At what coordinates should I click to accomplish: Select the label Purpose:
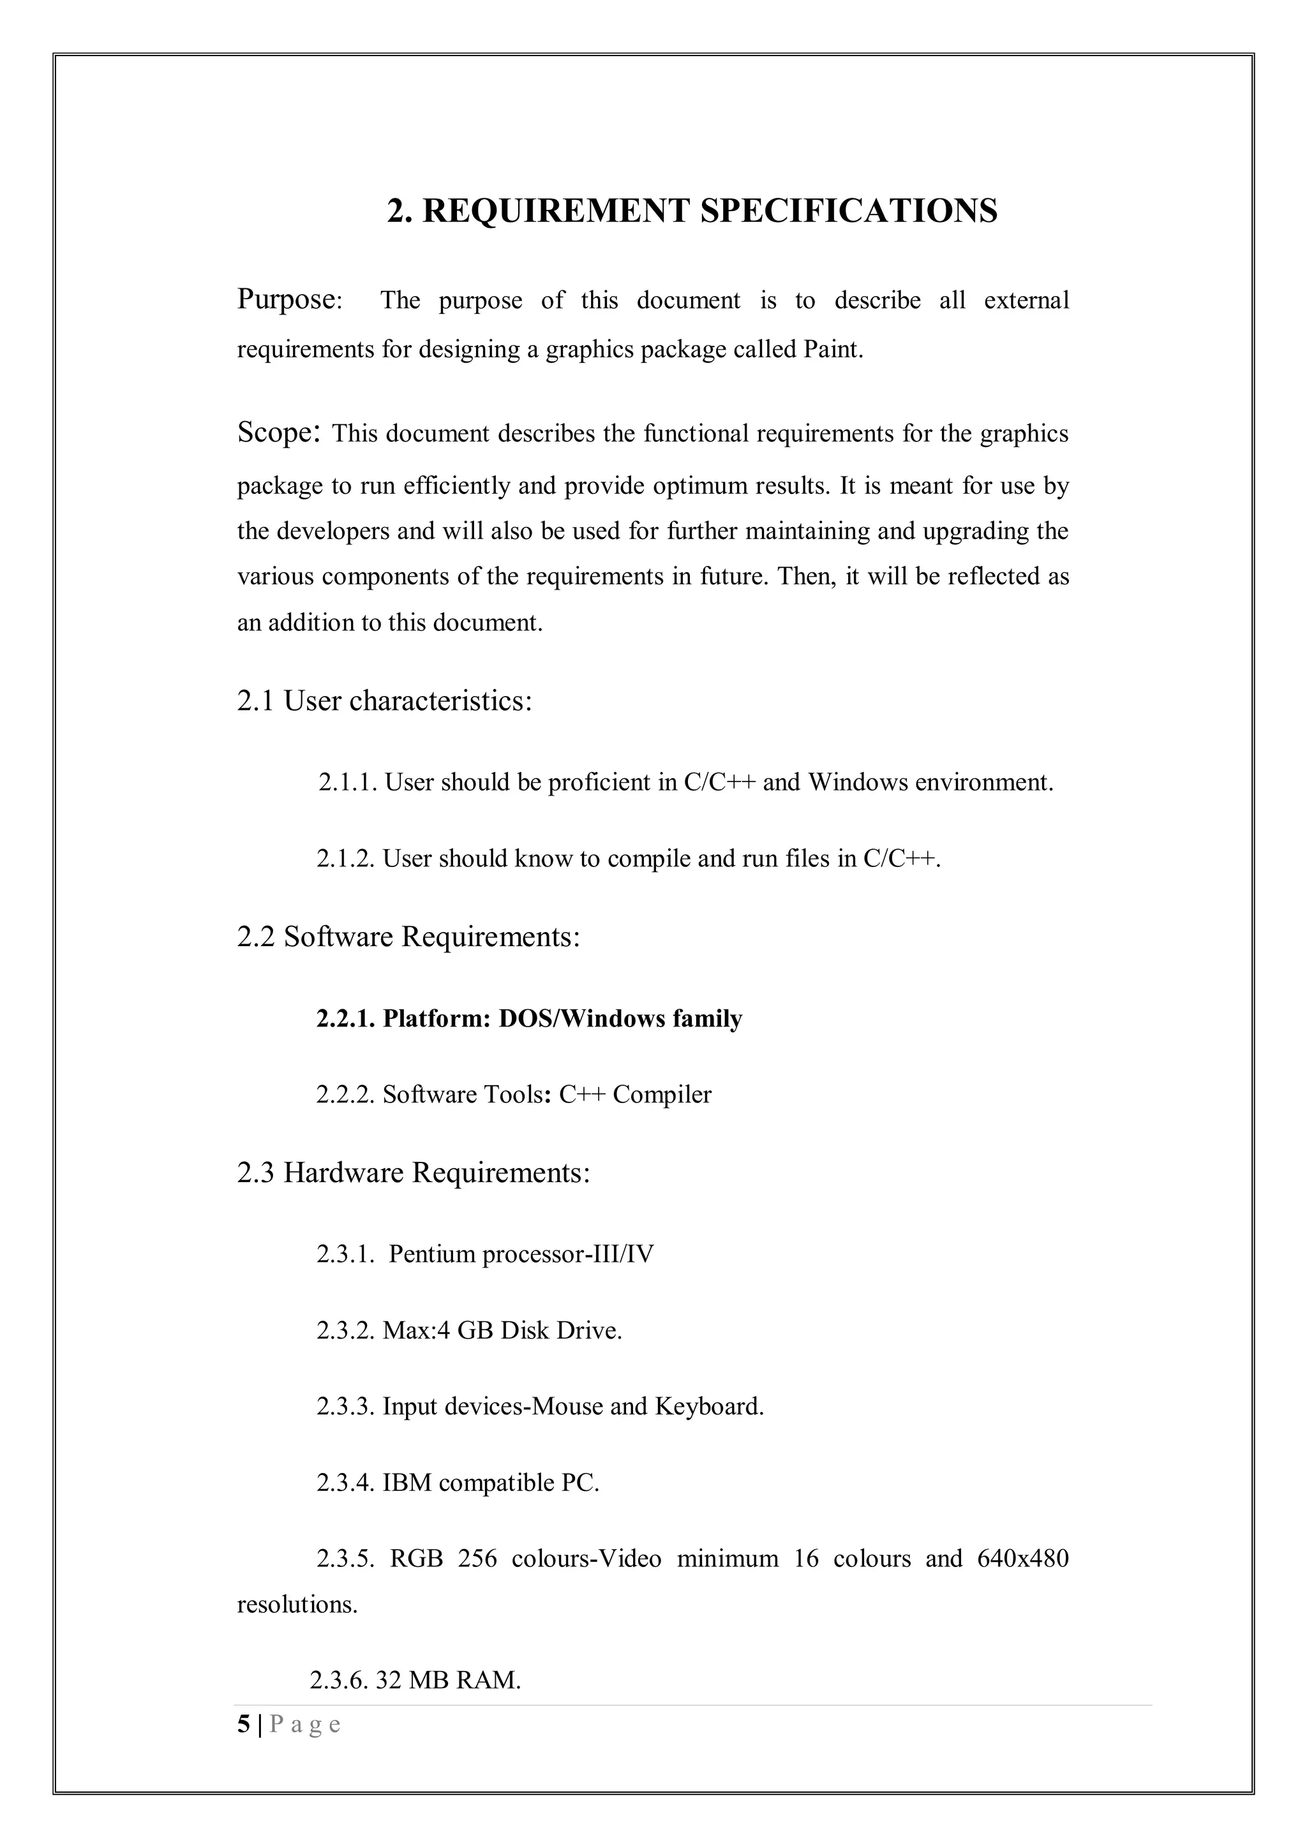290,299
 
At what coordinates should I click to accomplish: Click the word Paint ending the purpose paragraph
832,350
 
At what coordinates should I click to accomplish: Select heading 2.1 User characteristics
385,701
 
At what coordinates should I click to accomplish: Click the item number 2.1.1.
348,782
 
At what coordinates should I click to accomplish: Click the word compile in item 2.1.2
648,859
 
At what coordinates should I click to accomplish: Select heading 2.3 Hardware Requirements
413,1173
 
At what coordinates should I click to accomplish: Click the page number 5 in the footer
243,1725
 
